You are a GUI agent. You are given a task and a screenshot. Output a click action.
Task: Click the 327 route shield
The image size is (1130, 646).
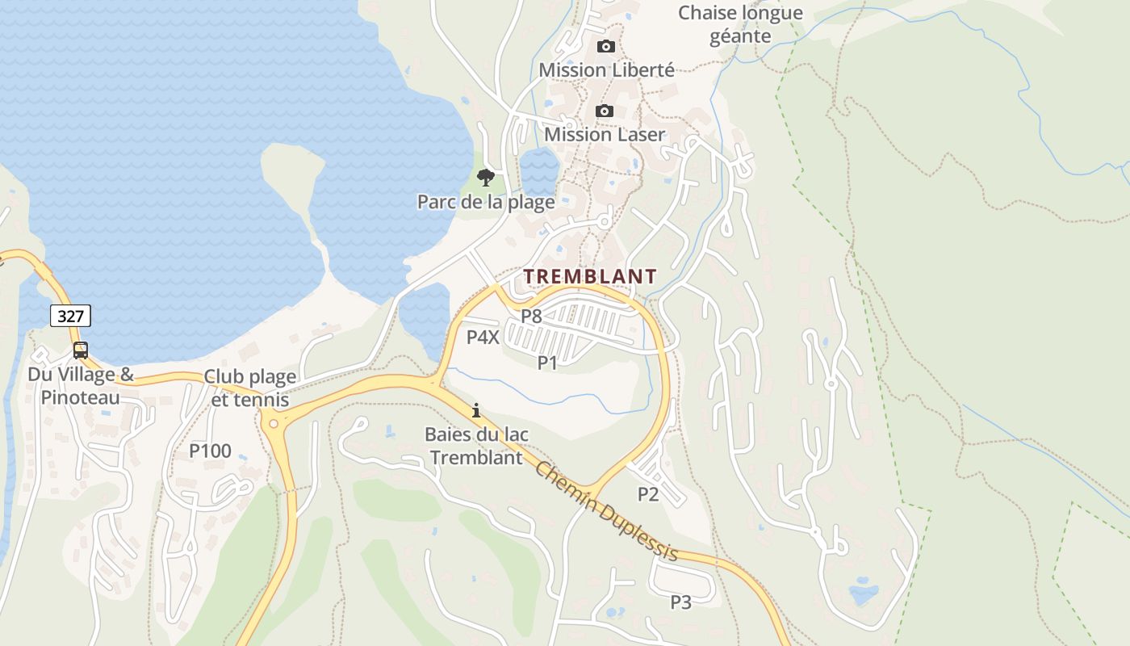[x=71, y=316]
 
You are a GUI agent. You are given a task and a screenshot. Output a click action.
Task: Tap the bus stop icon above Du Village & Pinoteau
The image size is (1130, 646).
[x=81, y=350]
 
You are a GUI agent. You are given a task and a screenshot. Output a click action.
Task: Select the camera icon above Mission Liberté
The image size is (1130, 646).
[x=605, y=46]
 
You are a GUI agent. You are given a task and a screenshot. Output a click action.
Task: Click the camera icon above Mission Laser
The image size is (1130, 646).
[x=605, y=111]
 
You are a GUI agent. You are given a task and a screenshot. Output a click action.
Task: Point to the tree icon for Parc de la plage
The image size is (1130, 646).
[x=485, y=177]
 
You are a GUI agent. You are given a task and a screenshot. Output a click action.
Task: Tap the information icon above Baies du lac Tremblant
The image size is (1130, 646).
[x=476, y=410]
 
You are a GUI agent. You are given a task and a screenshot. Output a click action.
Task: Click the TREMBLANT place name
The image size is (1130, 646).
[x=590, y=276]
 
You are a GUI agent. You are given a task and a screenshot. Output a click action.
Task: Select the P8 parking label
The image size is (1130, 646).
[x=531, y=316]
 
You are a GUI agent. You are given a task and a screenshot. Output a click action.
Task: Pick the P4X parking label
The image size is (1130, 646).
[x=483, y=337]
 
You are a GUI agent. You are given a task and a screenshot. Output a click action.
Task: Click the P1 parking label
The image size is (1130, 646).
[x=548, y=363]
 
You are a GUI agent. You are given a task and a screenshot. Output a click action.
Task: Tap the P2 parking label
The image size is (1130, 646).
[x=648, y=494]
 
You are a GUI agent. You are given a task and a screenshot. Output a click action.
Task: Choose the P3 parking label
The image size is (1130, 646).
[x=681, y=602]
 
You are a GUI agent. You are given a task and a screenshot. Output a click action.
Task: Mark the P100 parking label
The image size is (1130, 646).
[x=210, y=451]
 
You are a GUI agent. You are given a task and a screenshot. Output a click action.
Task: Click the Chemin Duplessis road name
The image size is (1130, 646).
[x=606, y=511]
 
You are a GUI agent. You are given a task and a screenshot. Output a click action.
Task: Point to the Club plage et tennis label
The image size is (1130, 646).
[x=249, y=388]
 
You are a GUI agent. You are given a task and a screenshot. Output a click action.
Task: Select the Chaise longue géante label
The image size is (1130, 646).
[x=740, y=24]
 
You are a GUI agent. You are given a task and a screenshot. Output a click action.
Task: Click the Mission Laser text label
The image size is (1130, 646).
[x=605, y=134]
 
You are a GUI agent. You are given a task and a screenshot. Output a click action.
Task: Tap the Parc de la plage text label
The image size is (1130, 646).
[x=486, y=201]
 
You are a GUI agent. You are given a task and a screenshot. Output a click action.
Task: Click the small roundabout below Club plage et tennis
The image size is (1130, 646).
[x=274, y=422]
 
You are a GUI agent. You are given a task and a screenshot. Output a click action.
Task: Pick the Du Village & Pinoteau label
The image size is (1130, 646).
[x=81, y=386]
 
